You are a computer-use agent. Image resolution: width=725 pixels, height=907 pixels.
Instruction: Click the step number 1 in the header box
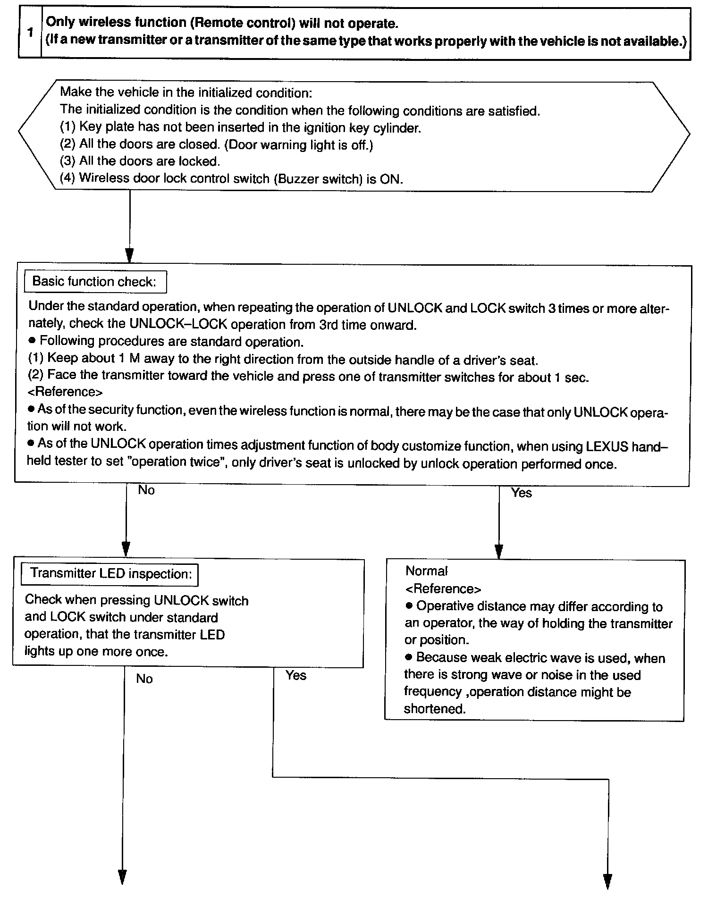point(30,33)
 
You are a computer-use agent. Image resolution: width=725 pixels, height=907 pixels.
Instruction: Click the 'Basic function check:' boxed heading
point(94,282)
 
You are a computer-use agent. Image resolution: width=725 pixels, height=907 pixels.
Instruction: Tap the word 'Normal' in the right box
point(426,571)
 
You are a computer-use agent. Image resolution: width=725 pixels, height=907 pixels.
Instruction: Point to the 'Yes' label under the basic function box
point(521,493)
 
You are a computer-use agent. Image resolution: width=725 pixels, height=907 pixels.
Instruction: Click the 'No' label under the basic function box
point(146,490)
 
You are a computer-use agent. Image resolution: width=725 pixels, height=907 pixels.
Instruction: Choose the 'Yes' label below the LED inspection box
point(296,675)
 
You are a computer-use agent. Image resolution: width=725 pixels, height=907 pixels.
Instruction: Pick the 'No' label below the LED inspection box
point(144,679)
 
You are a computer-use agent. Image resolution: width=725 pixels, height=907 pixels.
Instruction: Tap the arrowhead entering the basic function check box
point(129,255)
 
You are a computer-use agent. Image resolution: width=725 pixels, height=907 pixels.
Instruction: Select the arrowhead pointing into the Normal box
point(499,551)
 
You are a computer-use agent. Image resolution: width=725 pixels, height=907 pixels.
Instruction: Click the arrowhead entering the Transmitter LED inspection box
point(126,549)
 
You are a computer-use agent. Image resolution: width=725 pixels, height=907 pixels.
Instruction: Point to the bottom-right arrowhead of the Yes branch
point(608,881)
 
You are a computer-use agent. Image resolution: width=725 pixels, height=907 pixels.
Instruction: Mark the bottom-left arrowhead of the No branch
point(122,876)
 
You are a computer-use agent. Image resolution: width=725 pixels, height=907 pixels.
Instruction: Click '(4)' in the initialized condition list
point(67,178)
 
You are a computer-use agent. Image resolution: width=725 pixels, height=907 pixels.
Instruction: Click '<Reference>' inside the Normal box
point(443,588)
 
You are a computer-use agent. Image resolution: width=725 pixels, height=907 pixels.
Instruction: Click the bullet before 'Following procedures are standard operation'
point(32,341)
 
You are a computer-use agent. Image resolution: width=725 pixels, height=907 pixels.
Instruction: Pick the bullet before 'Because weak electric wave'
point(409,657)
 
